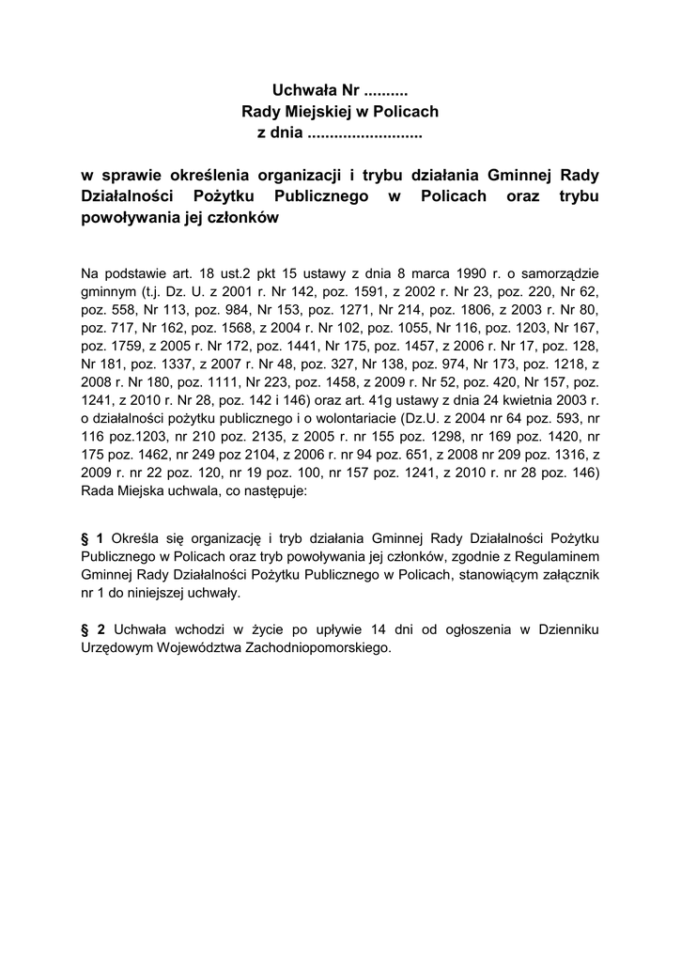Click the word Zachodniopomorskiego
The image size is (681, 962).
coord(310,647)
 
